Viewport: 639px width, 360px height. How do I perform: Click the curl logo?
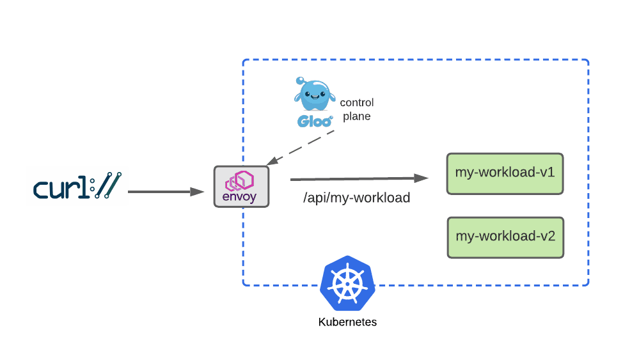click(77, 186)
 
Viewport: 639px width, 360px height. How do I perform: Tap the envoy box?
click(241, 186)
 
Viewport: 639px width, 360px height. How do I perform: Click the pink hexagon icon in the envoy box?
click(241, 180)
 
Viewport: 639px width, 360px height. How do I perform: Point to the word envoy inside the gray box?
click(239, 197)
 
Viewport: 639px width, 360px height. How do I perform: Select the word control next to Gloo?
click(356, 102)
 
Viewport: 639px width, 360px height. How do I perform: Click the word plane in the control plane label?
click(356, 116)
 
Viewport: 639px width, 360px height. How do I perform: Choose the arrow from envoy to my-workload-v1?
click(358, 178)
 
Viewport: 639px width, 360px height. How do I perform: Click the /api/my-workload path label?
click(356, 198)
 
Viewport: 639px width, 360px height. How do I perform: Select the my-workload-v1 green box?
click(505, 173)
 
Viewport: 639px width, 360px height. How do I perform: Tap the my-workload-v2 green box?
click(505, 237)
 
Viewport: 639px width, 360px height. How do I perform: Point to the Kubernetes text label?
click(347, 322)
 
